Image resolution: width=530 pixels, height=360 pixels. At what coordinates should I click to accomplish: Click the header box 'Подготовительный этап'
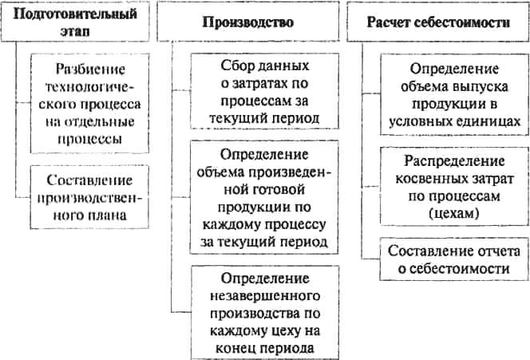click(75, 22)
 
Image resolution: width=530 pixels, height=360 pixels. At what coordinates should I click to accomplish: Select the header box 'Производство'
click(248, 22)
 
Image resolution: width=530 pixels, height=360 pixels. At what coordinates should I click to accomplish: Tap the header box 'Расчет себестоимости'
click(438, 22)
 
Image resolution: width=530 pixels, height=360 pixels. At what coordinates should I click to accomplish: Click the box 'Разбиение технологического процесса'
click(89, 103)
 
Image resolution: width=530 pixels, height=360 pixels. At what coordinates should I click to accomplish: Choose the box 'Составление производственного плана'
click(89, 197)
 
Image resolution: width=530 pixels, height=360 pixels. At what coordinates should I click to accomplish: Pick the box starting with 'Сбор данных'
click(265, 91)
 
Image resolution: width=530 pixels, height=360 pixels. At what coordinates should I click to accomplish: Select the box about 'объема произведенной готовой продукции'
click(264, 197)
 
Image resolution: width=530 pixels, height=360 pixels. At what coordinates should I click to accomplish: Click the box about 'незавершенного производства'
click(265, 312)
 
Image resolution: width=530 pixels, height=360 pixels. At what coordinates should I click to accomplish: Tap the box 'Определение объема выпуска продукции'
click(455, 95)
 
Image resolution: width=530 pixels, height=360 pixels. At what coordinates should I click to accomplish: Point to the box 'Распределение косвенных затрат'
click(455, 186)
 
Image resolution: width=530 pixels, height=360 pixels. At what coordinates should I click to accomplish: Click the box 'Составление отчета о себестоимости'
click(454, 259)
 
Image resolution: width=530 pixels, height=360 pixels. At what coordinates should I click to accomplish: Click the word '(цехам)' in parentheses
click(454, 214)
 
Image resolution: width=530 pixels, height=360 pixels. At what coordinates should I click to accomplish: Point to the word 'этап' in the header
click(75, 31)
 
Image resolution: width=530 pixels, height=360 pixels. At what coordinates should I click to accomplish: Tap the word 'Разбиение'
click(90, 69)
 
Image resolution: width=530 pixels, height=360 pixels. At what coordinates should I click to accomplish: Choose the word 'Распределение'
click(454, 161)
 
